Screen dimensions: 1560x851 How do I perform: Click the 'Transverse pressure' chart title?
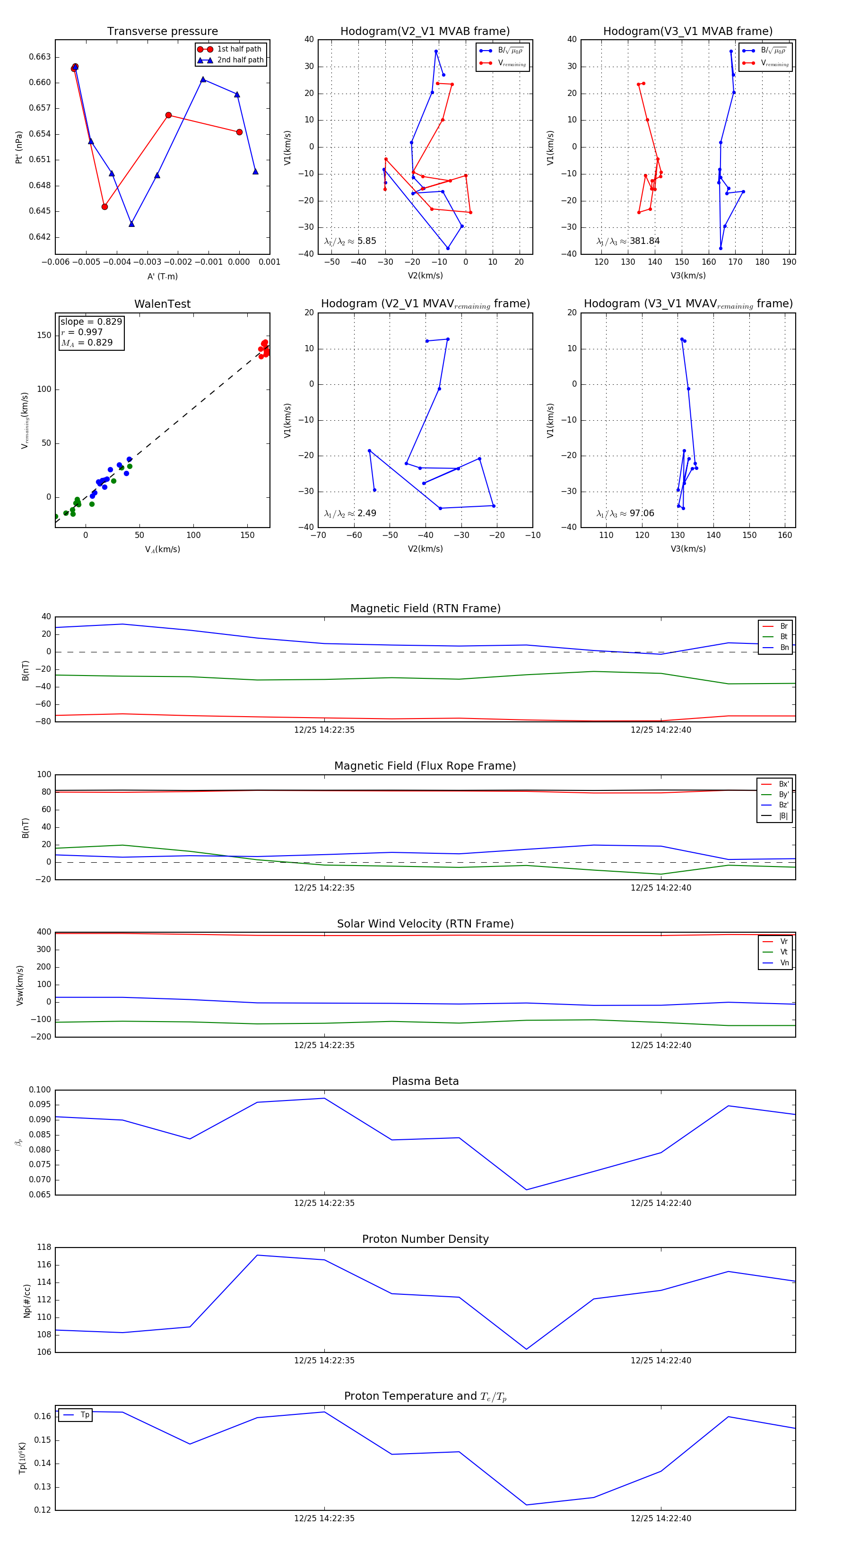[162, 32]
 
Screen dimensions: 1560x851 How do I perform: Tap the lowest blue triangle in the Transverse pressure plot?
[131, 224]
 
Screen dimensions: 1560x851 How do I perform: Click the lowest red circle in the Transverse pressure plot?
[105, 207]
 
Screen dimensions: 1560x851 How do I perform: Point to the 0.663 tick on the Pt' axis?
[40, 57]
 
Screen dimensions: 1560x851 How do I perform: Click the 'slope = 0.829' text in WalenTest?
[91, 321]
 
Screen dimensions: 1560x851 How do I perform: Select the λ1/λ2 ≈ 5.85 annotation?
[350, 241]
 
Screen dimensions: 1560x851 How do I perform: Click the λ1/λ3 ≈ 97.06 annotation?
[625, 513]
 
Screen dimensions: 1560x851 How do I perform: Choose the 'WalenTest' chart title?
[162, 304]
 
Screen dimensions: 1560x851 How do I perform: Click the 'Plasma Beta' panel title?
[425, 1082]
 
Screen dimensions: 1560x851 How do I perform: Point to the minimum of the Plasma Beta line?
[526, 1189]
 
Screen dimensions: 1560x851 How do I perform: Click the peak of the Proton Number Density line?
[257, 1256]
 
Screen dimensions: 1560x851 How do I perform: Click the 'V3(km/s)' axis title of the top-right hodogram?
[687, 276]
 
